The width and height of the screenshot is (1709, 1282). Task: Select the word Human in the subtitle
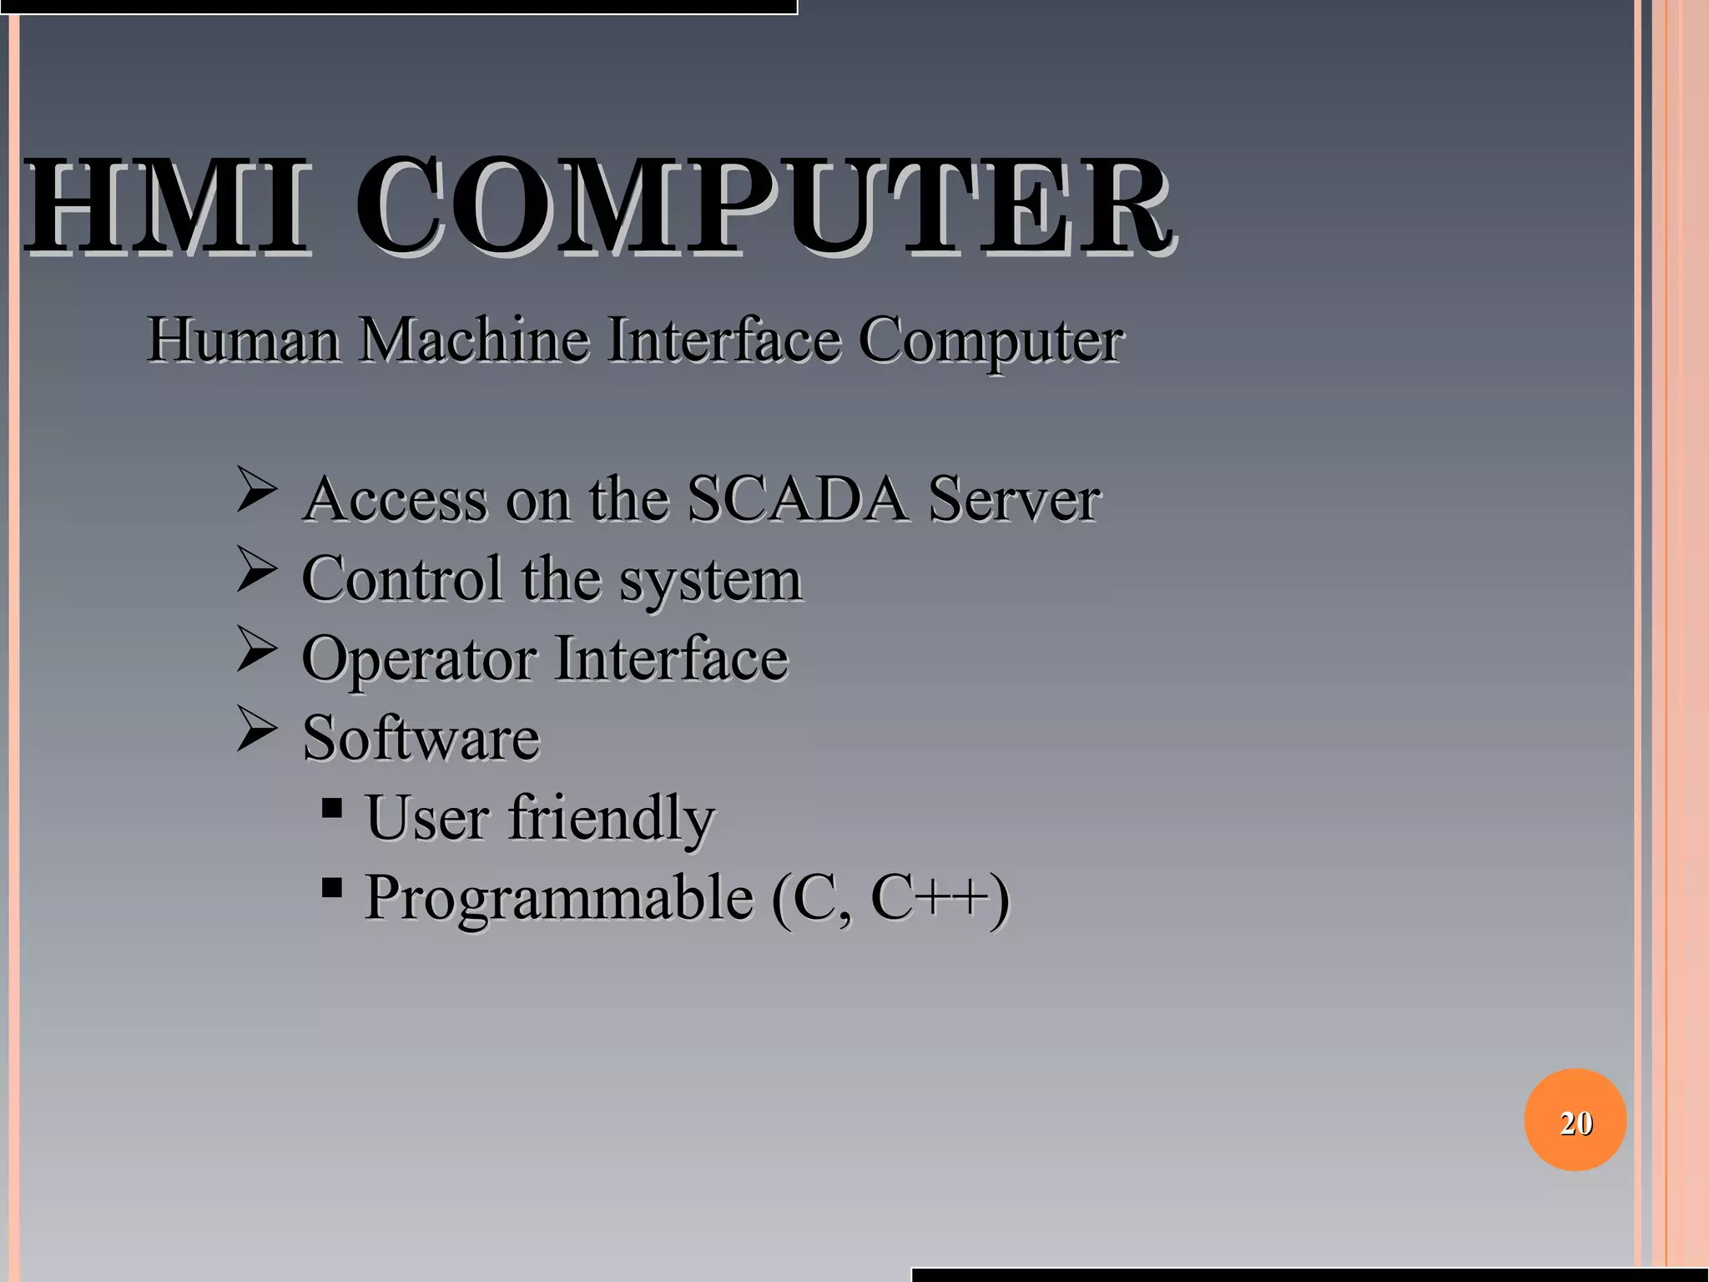coord(243,340)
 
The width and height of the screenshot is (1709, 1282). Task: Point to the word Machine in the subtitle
coord(474,340)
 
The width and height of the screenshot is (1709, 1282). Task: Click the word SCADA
coord(797,499)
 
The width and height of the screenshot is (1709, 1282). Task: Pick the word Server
coord(1014,499)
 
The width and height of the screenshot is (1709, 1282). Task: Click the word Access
coord(395,499)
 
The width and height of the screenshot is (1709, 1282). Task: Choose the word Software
coord(421,738)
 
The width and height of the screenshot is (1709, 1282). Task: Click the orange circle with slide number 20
coord(1575,1119)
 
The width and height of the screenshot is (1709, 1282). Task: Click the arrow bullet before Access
coord(255,490)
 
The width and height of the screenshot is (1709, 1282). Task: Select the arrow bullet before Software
coord(255,729)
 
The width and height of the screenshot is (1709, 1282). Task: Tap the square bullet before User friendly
coord(331,808)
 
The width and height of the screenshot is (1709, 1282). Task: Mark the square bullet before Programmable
coord(331,887)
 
